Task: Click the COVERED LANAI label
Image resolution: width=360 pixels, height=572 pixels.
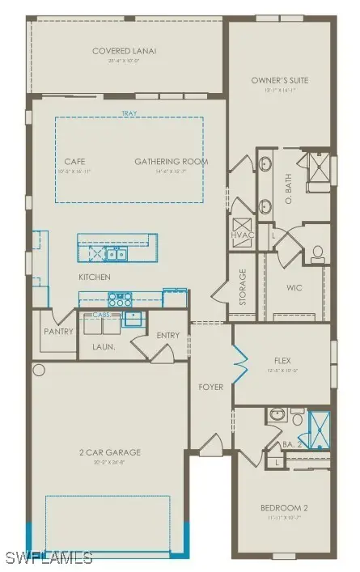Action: pos(124,51)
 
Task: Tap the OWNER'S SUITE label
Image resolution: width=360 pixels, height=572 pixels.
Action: pos(281,80)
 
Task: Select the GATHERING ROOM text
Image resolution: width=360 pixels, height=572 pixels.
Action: pos(171,162)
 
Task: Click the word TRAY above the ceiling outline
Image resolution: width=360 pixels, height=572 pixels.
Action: pos(128,114)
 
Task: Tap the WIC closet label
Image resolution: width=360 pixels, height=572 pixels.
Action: pos(294,286)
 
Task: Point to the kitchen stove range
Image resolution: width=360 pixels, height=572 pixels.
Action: pos(121,297)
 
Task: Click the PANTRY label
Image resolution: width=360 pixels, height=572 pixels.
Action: pos(58,332)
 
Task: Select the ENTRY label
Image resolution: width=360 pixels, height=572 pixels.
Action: pos(168,335)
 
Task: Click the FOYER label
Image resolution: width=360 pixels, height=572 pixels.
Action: pos(210,386)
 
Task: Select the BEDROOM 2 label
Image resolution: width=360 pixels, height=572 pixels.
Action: pos(283,507)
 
